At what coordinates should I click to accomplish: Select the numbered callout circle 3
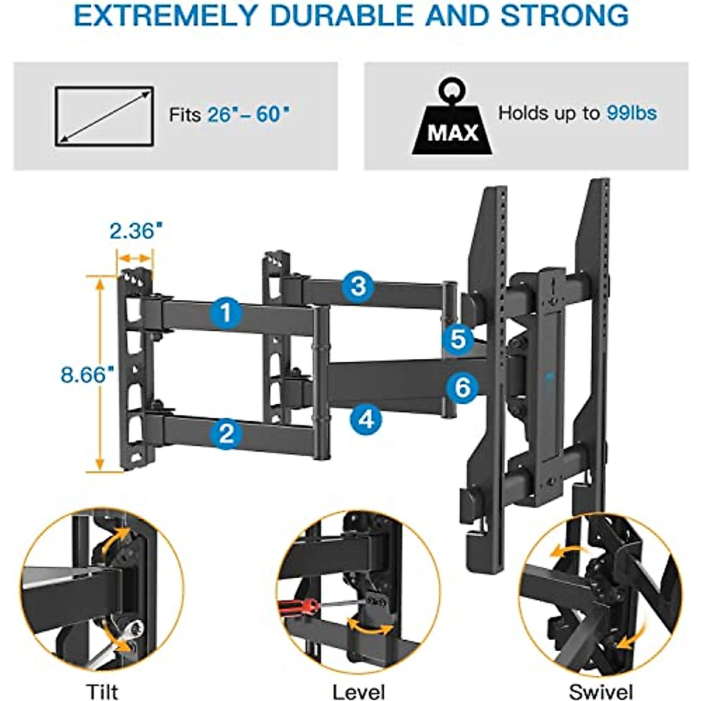coord(358,286)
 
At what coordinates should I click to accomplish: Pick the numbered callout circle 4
coord(366,419)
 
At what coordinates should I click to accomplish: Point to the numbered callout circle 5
coord(458,339)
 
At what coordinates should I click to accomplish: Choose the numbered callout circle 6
coord(462,387)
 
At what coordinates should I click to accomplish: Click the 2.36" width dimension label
coord(135,231)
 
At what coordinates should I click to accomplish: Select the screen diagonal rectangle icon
coord(105,116)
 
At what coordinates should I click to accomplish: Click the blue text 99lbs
coord(631,113)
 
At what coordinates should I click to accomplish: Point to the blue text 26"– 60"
coord(248,114)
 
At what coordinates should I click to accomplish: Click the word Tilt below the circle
coord(102,692)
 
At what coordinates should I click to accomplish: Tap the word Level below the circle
coord(359,692)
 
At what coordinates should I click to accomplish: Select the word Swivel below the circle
coord(601,692)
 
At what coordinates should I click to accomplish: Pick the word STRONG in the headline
coord(564,16)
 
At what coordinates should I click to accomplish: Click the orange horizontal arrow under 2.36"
coord(135,257)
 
